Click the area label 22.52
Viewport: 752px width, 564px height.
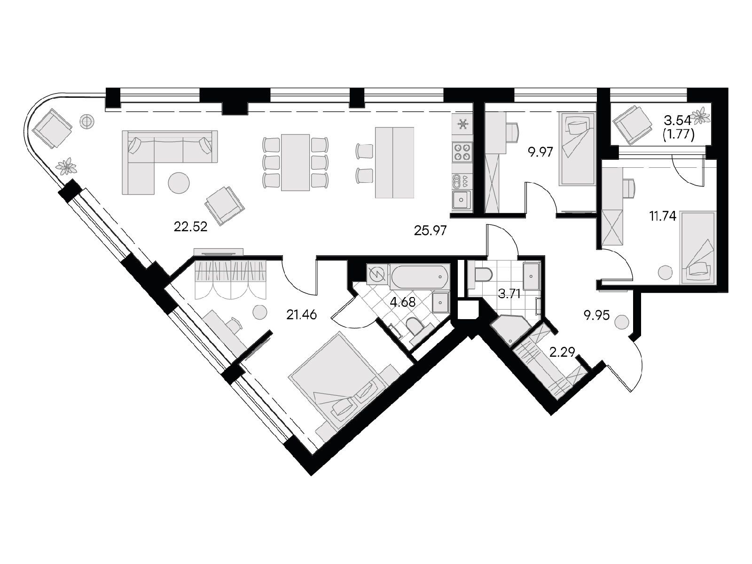click(190, 227)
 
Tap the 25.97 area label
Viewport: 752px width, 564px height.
click(430, 230)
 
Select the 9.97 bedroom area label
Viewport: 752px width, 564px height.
click(540, 152)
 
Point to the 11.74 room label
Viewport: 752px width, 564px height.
click(663, 216)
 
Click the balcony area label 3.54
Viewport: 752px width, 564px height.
click(677, 120)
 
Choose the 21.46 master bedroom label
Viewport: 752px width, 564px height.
click(301, 314)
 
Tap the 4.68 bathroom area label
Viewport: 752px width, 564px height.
click(403, 302)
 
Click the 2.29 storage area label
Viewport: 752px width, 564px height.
click(562, 352)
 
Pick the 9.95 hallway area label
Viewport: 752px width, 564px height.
click(597, 315)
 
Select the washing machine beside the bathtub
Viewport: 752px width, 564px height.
click(378, 274)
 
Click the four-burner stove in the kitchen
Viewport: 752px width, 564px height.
click(462, 152)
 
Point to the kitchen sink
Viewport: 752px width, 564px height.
click(462, 200)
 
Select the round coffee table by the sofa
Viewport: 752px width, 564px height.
click(179, 183)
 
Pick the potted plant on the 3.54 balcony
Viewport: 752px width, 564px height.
click(700, 116)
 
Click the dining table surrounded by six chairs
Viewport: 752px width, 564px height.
click(295, 162)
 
